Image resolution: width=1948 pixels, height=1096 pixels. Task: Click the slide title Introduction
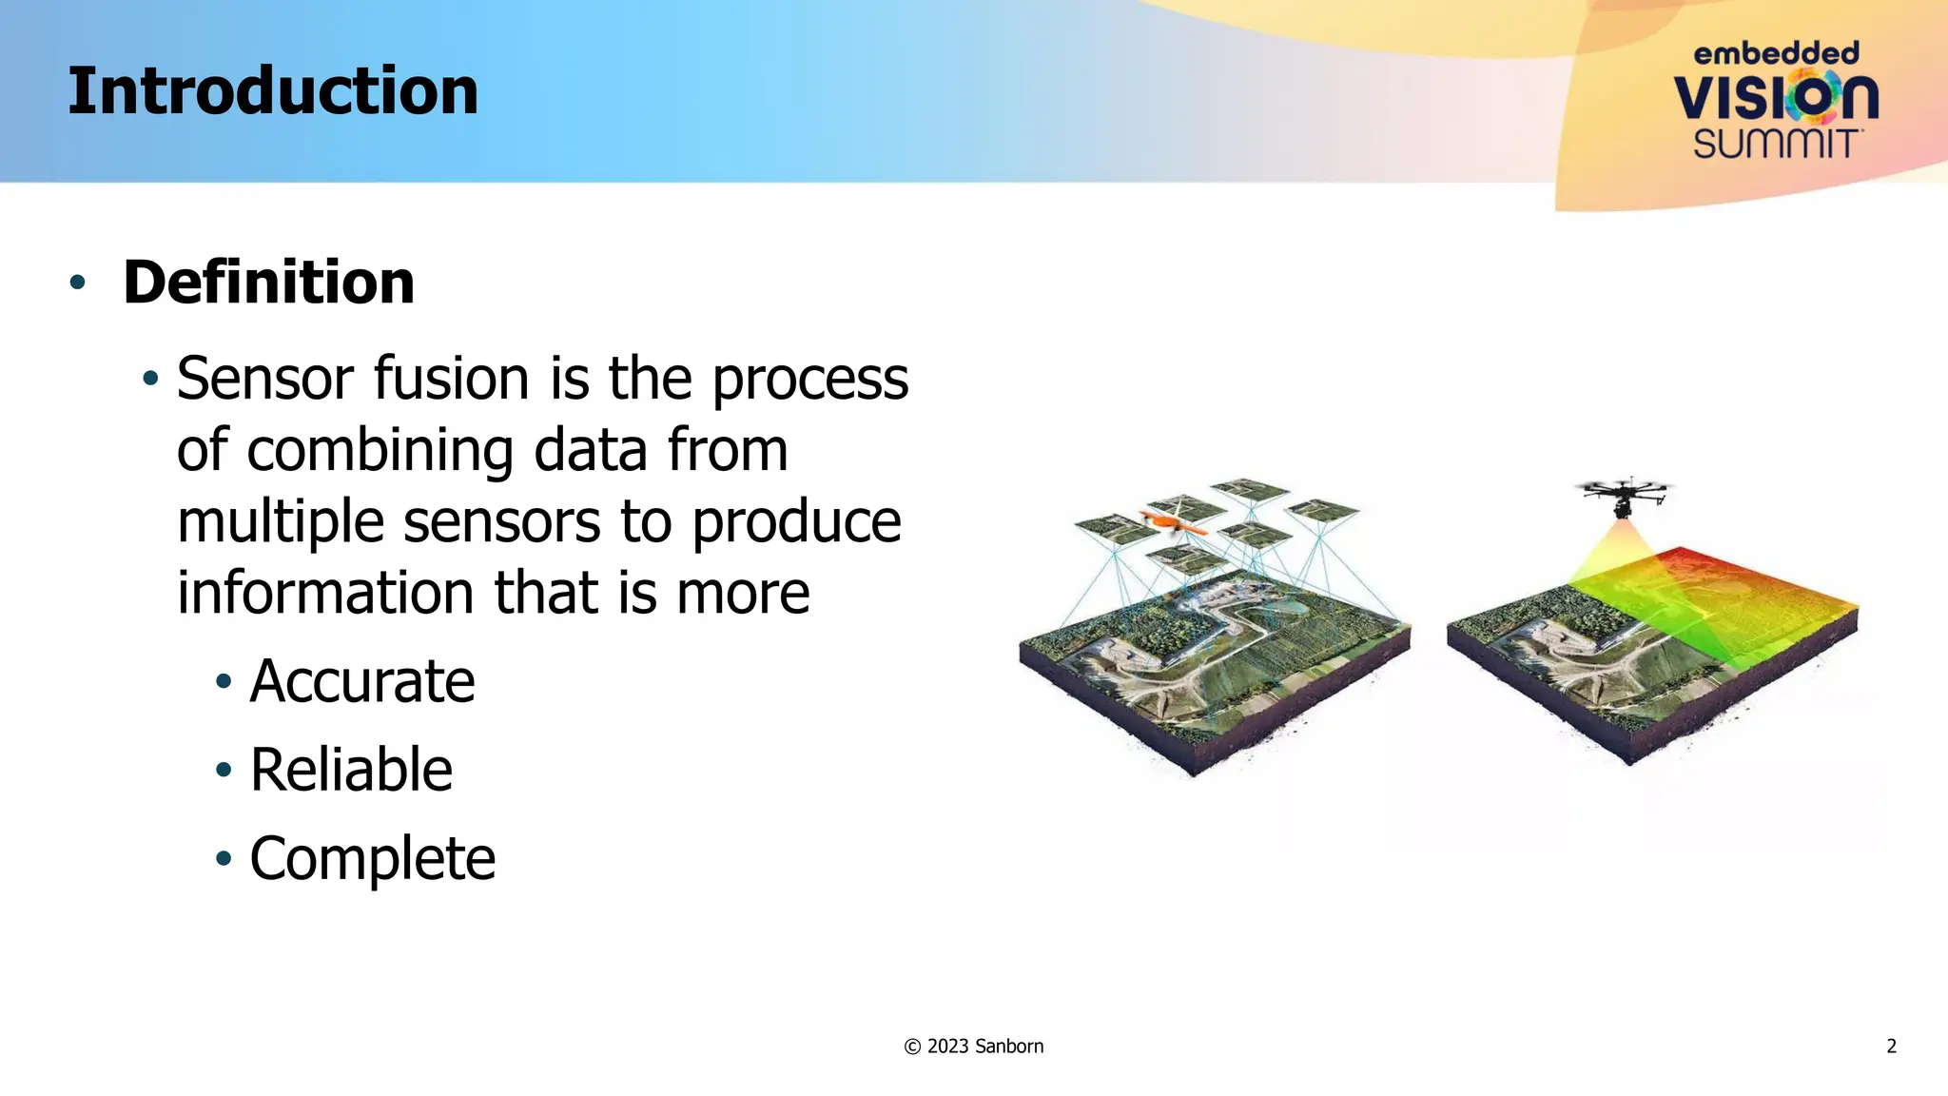click(x=273, y=92)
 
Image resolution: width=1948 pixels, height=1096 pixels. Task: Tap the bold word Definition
click(x=268, y=283)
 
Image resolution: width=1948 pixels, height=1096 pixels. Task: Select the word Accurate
click(x=361, y=681)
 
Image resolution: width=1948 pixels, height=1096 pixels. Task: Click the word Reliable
click(x=351, y=770)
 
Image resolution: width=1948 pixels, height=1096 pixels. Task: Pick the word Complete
click(x=372, y=858)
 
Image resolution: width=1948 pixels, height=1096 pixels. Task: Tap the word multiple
click(x=281, y=522)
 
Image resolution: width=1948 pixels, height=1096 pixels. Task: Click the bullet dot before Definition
click(x=78, y=283)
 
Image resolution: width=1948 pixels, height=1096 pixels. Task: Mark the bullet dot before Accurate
click(x=224, y=681)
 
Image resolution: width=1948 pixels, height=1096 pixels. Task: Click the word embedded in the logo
click(x=1776, y=53)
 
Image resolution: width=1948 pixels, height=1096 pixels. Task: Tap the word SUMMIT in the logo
click(x=1776, y=145)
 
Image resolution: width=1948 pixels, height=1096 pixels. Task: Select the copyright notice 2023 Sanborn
click(x=974, y=1047)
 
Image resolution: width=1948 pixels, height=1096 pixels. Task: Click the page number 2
click(x=1891, y=1047)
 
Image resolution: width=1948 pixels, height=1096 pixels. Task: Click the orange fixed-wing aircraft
click(x=1175, y=524)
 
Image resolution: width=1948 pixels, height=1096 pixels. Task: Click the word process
click(x=810, y=379)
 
